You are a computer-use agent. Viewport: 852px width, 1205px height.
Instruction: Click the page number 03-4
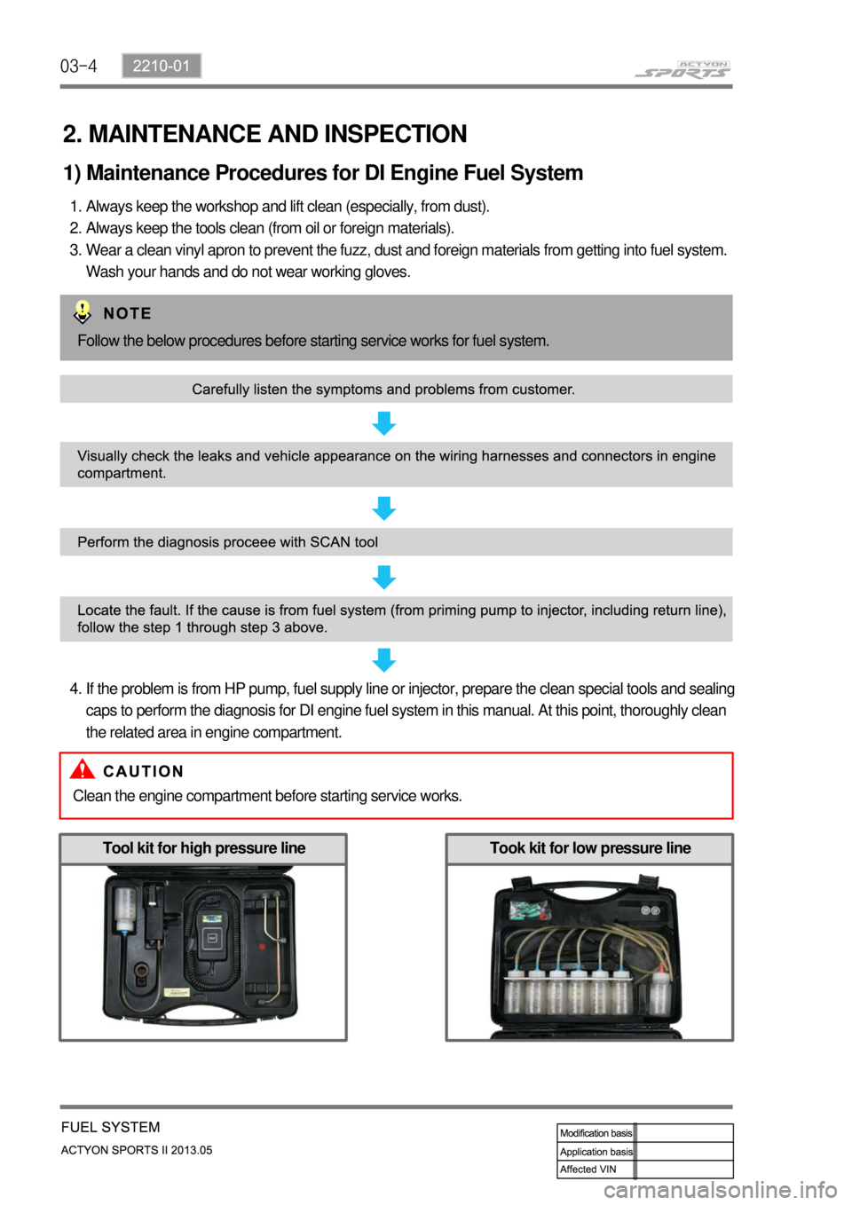tap(78, 66)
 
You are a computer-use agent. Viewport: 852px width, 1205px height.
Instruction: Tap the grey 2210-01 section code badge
tap(162, 66)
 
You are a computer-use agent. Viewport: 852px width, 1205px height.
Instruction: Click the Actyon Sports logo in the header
tap(682, 70)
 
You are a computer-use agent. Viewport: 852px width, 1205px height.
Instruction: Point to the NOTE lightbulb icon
tap(82, 312)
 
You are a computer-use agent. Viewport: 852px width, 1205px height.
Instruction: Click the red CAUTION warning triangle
tap(83, 769)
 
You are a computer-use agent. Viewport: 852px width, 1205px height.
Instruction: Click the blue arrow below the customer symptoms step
tap(383, 423)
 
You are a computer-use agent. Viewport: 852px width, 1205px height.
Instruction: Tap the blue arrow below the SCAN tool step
tap(383, 578)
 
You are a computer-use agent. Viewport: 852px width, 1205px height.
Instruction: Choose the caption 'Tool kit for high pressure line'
tap(203, 848)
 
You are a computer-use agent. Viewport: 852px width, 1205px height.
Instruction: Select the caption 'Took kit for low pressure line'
tap(589, 848)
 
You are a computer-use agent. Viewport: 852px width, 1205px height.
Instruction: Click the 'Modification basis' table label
tap(596, 1133)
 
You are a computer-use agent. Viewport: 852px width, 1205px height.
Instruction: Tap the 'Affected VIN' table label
tap(588, 1170)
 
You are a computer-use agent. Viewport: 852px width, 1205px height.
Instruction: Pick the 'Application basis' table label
tap(596, 1152)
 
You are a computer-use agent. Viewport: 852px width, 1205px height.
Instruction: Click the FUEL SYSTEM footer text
tap(111, 1127)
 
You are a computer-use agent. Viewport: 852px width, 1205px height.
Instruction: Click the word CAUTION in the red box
tap(143, 771)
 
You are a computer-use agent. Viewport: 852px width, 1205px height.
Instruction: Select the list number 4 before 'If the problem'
tap(75, 689)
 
